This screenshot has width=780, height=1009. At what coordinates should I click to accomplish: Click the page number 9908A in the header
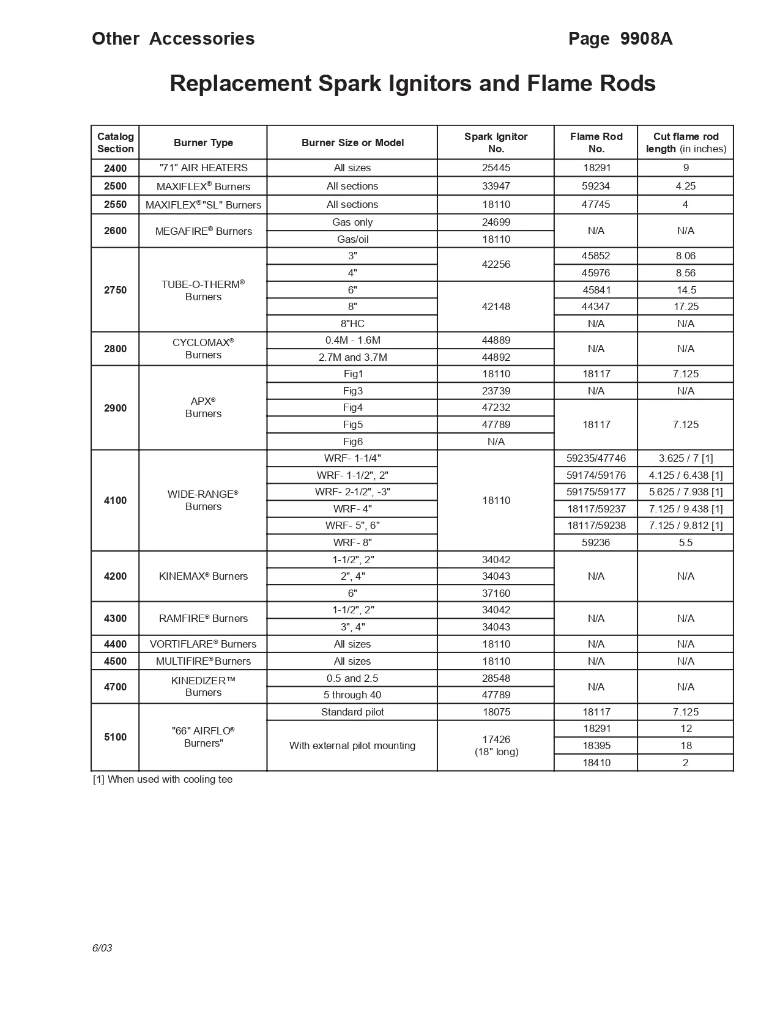(x=646, y=39)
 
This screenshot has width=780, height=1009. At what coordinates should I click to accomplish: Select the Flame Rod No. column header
(x=596, y=142)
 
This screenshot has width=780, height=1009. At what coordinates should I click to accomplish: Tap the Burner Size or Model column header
(x=352, y=142)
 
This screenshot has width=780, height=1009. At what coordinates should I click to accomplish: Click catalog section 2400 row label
(x=115, y=168)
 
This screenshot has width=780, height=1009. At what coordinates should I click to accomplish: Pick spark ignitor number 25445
(x=496, y=168)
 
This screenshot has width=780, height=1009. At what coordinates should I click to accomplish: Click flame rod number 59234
(x=596, y=186)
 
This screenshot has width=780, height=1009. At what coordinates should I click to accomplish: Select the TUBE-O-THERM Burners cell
(x=203, y=290)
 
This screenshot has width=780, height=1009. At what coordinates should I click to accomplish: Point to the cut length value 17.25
(x=685, y=306)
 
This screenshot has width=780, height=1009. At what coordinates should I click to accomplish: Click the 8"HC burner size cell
(x=352, y=323)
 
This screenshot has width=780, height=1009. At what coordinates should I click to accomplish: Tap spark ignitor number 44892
(x=496, y=357)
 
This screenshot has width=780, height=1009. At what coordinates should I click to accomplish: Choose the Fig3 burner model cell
(x=352, y=391)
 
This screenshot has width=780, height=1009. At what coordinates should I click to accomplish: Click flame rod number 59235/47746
(x=596, y=458)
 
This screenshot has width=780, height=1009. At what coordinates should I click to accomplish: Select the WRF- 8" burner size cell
(x=352, y=542)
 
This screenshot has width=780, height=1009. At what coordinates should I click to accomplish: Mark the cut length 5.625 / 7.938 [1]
(x=685, y=492)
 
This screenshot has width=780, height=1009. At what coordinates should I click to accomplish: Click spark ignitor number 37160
(x=496, y=593)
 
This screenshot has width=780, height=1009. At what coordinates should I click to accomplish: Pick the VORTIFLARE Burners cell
(x=203, y=644)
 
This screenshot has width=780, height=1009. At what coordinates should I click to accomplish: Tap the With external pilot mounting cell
(x=352, y=745)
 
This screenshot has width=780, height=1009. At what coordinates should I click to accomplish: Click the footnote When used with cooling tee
(x=163, y=779)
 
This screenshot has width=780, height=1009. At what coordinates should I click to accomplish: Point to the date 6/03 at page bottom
(x=102, y=948)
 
